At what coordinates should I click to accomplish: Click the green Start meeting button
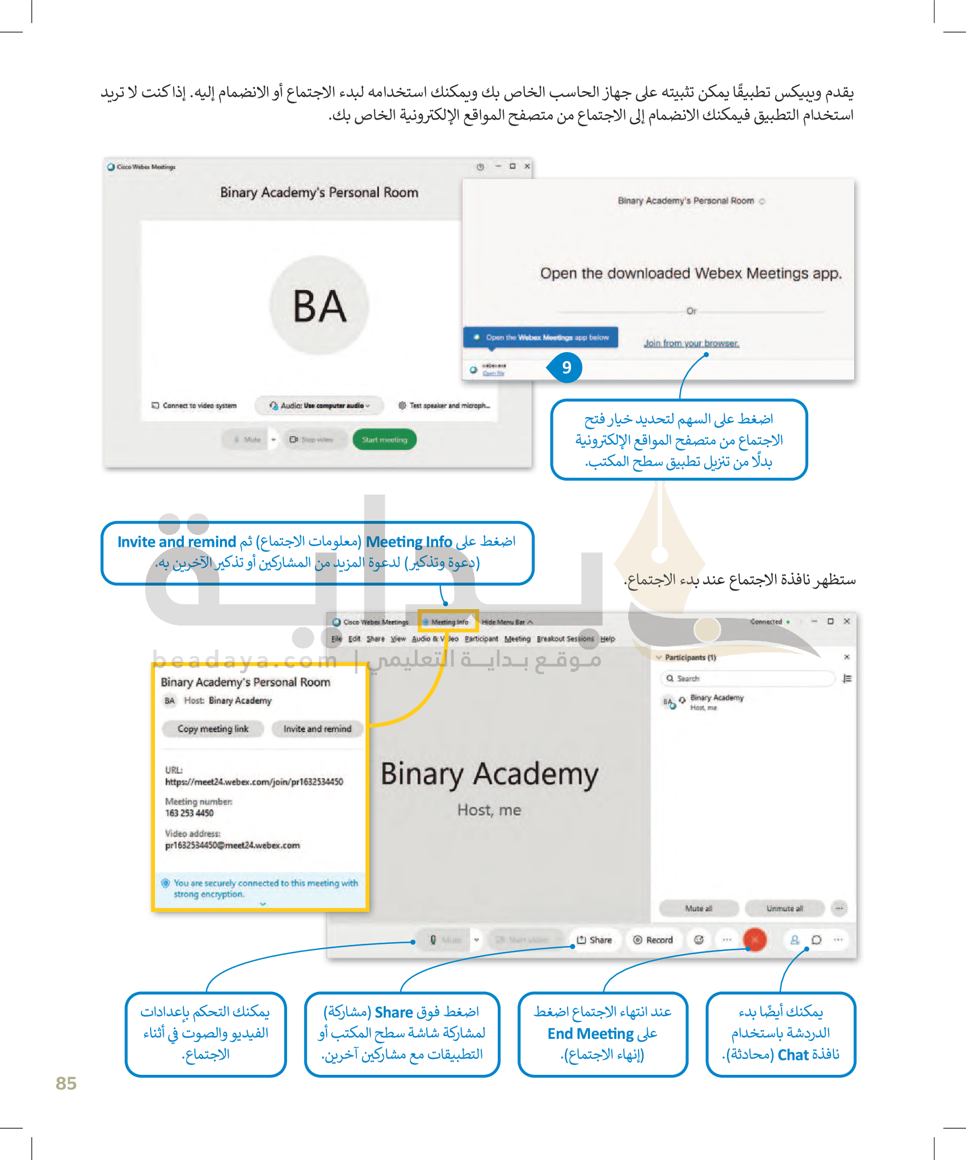[x=384, y=439]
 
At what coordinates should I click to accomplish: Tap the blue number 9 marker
[x=566, y=367]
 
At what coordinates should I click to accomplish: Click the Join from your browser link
[x=691, y=343]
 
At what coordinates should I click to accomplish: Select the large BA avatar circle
[x=319, y=305]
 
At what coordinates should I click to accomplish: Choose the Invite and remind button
[x=317, y=729]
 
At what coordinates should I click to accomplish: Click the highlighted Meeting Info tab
[x=449, y=622]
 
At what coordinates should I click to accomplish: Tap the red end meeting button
[x=754, y=939]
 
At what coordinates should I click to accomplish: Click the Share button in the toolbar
[x=595, y=939]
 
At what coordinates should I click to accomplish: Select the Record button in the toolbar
[x=653, y=939]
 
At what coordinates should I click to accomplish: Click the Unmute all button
[x=784, y=908]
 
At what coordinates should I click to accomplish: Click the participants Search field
[x=748, y=679]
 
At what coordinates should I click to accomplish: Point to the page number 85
[x=66, y=1082]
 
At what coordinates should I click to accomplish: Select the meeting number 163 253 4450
[x=189, y=813]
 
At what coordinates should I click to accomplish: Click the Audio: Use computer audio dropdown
[x=319, y=406]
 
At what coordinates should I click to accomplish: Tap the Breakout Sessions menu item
[x=565, y=639]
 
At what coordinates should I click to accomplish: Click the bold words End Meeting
[x=591, y=1033]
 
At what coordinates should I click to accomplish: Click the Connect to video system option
[x=194, y=406]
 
